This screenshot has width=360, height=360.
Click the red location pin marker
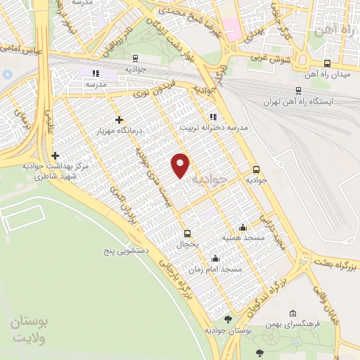[181, 165]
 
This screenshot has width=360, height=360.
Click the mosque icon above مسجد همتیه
[243, 227]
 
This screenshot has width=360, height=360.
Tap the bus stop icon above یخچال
[187, 233]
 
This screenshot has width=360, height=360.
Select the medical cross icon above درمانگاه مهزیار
[120, 120]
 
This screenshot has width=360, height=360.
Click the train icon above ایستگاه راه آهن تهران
[300, 90]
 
